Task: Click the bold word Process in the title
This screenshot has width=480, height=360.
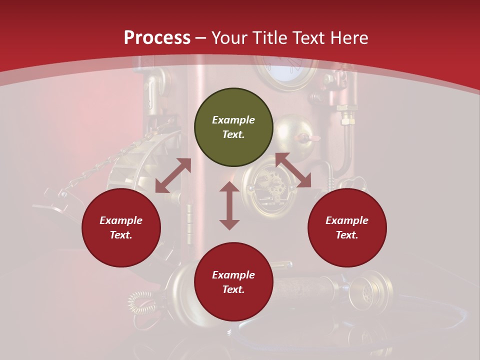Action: click(x=157, y=37)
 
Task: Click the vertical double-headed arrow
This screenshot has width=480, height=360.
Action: click(x=229, y=205)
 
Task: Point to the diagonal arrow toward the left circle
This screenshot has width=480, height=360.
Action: click(x=173, y=175)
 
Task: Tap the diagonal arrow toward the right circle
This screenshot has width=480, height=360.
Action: click(x=293, y=170)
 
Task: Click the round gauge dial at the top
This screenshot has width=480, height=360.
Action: click(x=285, y=67)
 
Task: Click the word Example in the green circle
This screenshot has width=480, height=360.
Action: click(x=233, y=120)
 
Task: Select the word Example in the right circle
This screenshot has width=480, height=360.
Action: click(x=347, y=220)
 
